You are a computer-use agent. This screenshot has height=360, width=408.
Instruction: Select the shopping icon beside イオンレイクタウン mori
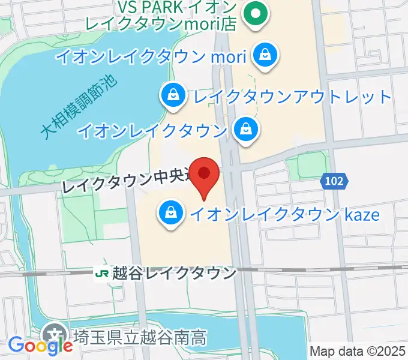click(263, 56)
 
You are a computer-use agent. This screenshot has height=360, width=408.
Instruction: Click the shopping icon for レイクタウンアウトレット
click(173, 95)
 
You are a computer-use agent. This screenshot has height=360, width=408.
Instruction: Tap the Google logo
click(40, 345)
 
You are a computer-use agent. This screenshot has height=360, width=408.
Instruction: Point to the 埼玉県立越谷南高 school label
click(139, 337)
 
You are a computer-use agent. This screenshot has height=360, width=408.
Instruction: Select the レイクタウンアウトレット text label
click(291, 96)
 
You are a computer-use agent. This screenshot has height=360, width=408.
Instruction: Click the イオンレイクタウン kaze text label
click(285, 213)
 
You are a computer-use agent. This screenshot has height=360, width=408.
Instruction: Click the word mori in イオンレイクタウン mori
click(227, 57)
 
